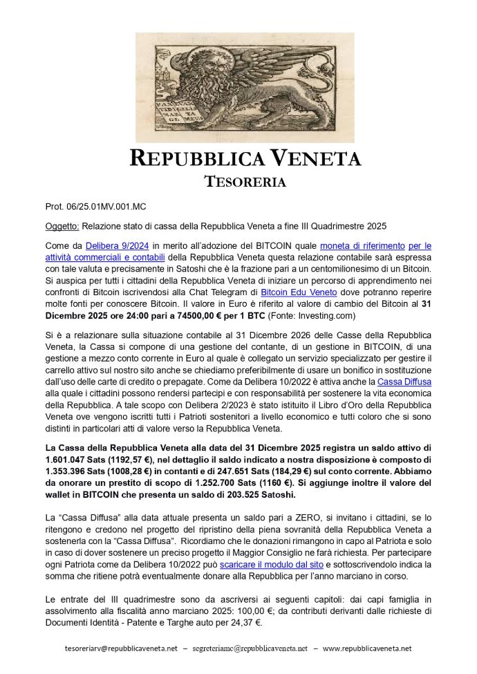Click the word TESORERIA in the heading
[238, 182]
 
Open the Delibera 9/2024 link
[111, 245]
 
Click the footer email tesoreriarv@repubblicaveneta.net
[122, 648]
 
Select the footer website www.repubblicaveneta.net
[368, 648]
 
